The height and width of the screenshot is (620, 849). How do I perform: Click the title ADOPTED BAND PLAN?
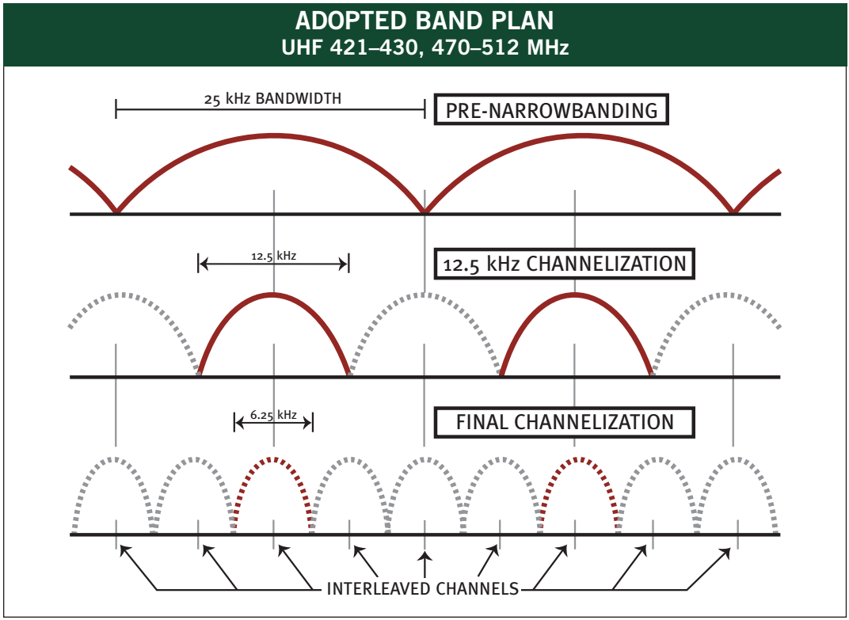[424, 21]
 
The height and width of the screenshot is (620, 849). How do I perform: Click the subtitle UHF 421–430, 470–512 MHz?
[424, 48]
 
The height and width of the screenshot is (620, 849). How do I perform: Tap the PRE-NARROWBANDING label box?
[551, 110]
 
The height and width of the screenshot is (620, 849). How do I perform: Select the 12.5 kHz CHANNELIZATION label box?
[565, 264]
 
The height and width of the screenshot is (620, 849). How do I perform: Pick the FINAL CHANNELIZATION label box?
[565, 422]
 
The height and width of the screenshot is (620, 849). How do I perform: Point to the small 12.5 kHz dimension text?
[274, 256]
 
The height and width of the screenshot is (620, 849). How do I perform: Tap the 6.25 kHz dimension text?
[273, 414]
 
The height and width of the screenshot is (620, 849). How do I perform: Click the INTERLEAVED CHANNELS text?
[423, 589]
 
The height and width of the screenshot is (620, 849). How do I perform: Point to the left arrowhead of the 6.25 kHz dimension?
[238, 422]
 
